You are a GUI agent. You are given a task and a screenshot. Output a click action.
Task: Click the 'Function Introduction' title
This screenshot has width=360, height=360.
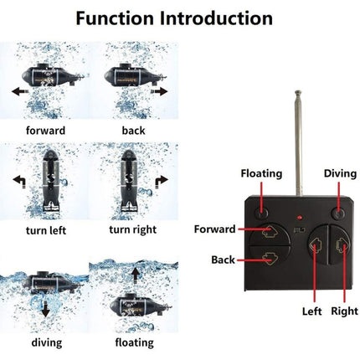(180, 18)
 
